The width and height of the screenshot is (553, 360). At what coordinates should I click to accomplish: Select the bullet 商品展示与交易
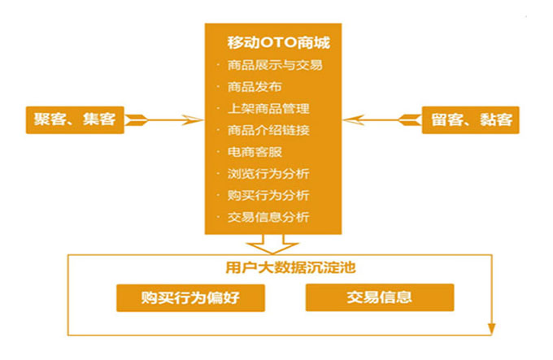[275, 65]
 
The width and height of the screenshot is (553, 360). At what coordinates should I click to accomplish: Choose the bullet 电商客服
[255, 152]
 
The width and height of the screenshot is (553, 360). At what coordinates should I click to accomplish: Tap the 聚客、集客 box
[73, 120]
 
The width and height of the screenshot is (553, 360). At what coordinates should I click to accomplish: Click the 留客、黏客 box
[471, 120]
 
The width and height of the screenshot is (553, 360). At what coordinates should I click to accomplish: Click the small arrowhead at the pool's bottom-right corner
[490, 328]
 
